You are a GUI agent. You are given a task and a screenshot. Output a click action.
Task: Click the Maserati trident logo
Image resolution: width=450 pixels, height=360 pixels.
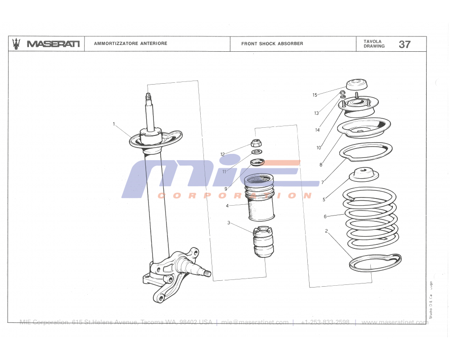(x=17, y=44)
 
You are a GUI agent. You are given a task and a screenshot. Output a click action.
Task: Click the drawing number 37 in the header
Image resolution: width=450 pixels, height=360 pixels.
(x=404, y=44)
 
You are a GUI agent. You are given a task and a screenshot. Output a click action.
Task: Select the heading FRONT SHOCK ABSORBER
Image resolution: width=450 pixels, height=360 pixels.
(x=272, y=44)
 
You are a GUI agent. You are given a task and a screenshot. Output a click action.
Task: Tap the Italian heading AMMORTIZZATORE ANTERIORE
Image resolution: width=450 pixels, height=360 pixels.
(x=130, y=44)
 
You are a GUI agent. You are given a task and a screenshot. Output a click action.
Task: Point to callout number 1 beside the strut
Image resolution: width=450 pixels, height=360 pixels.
(x=114, y=124)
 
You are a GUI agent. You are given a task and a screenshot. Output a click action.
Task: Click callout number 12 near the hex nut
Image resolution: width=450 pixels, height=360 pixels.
(x=222, y=154)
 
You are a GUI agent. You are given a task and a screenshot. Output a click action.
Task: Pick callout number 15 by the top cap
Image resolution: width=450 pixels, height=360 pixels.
(x=315, y=95)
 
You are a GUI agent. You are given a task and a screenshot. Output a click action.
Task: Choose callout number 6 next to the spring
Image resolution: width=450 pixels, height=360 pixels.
(x=325, y=216)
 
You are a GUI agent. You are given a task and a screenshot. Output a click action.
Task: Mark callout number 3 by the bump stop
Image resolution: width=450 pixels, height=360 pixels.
(x=229, y=223)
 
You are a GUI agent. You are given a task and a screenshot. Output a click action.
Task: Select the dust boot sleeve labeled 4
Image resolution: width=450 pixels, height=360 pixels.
(x=261, y=198)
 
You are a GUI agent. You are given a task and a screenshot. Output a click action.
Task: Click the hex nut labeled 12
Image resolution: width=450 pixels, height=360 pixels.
(x=256, y=144)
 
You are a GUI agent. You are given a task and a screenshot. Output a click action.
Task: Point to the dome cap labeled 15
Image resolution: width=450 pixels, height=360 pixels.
(x=357, y=85)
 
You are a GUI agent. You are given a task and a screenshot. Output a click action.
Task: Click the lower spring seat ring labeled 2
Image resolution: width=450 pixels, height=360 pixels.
(x=375, y=263)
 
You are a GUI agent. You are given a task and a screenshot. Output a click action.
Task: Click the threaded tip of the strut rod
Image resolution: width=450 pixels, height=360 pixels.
(x=147, y=96)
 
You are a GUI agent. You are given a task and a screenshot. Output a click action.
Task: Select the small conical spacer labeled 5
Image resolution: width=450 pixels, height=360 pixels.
(x=364, y=174)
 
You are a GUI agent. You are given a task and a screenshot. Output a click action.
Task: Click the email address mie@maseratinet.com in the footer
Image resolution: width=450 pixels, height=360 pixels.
(x=255, y=322)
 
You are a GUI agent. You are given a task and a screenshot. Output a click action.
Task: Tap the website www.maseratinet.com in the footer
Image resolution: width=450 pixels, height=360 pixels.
(x=395, y=322)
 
